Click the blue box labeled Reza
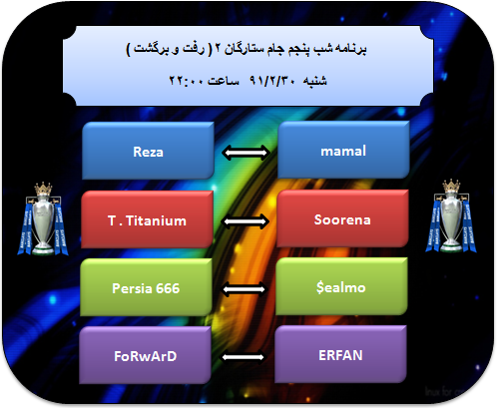[148, 151]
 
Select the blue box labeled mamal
[343, 150]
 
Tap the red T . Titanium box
[147, 219]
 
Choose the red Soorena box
[342, 218]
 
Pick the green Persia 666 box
[146, 287]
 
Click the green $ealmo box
[341, 286]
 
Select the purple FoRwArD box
[145, 355]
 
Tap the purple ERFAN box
[340, 354]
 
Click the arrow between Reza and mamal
[247, 153]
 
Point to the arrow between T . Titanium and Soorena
[246, 221]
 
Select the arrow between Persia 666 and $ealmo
[245, 289]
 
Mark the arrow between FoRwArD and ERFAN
[244, 357]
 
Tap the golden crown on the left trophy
[43, 189]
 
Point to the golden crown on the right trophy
[451, 187]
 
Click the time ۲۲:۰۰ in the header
[186, 81]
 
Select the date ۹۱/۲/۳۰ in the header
[272, 81]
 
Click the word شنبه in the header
[314, 81]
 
